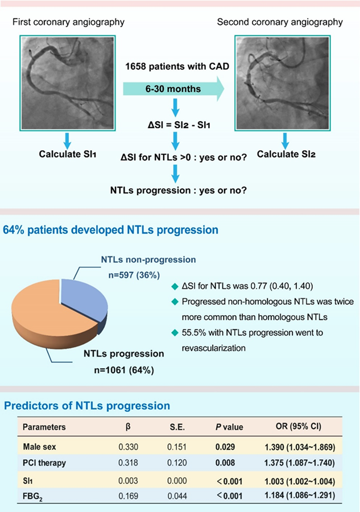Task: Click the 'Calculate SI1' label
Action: click(67, 154)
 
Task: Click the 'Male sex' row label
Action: click(40, 446)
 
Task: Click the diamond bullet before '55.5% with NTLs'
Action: click(173, 331)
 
